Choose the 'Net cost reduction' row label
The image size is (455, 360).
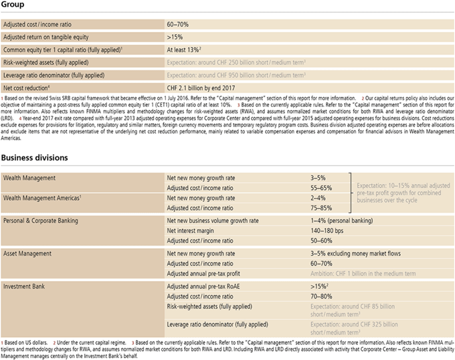pyautogui.click(x=27, y=87)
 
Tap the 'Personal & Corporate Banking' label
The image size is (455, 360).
pyautogui.click(x=40, y=219)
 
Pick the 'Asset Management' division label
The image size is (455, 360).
pyautogui.click(x=29, y=254)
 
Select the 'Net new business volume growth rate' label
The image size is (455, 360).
pyautogui.click(x=212, y=220)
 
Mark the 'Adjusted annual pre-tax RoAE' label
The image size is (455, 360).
pyautogui.click(x=203, y=286)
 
